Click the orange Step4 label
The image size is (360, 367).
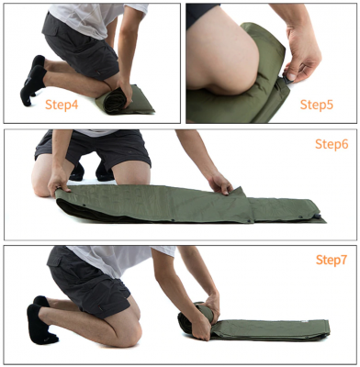(62, 105)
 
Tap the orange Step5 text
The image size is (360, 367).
(316, 105)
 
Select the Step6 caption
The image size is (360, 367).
(332, 144)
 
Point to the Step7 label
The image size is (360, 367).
(332, 260)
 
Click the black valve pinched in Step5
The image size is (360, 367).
(287, 80)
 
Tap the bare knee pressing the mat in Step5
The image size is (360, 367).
(227, 55)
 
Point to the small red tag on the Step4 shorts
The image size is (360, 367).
(97, 72)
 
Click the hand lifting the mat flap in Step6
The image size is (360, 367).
(219, 183)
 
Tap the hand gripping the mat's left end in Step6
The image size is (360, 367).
(58, 183)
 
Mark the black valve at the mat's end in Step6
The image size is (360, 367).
(317, 217)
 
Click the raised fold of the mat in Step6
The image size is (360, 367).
(238, 192)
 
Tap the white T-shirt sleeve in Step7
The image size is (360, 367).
(163, 251)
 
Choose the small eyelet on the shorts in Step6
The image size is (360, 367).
(129, 151)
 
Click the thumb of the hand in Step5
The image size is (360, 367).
(290, 75)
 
